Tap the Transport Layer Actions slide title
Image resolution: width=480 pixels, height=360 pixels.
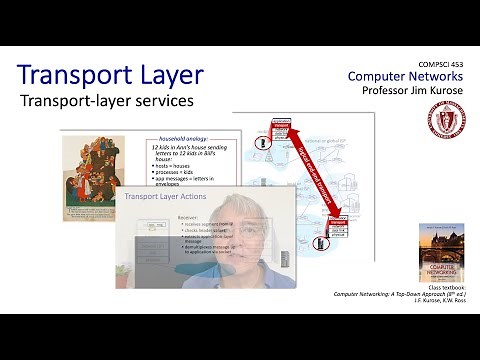pyautogui.click(x=165, y=197)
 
